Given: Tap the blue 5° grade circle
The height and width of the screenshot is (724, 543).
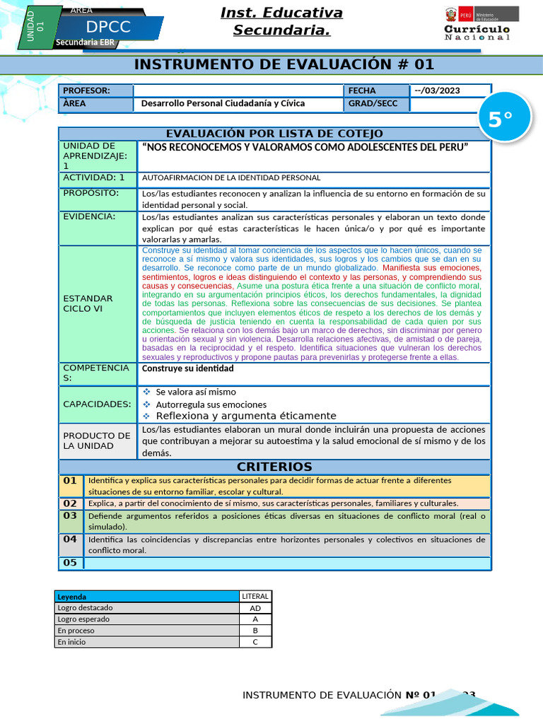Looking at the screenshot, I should click(501, 119).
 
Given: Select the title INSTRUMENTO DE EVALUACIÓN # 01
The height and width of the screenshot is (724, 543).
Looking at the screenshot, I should click(284, 65).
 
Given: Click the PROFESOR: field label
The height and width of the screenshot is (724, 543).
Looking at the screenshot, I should click(87, 90).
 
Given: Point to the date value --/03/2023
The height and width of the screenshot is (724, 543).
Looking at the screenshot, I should click(437, 90).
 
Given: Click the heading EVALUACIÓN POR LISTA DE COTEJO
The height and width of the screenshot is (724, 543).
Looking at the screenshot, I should click(274, 134).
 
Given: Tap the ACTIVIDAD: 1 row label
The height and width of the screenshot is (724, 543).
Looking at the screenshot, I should click(94, 177).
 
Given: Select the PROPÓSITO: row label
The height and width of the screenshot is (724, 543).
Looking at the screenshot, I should click(90, 193).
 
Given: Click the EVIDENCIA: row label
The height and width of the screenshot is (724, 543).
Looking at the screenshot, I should click(89, 216).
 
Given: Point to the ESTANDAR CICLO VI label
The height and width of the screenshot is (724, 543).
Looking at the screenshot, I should click(88, 303).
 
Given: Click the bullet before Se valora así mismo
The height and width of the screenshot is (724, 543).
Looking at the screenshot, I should click(147, 392).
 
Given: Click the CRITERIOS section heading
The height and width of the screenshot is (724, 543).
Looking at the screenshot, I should click(274, 467).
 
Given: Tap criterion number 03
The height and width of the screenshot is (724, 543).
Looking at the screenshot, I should click(70, 516).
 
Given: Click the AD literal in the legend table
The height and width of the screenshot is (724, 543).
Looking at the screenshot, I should click(255, 608).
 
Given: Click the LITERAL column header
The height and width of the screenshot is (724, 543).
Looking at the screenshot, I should click(255, 597).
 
